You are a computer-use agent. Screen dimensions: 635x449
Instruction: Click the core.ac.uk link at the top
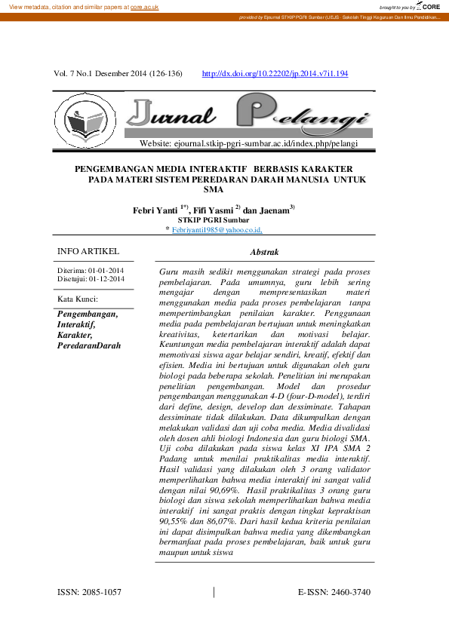pos(144,6)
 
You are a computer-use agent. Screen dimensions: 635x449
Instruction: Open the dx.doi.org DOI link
pos(275,74)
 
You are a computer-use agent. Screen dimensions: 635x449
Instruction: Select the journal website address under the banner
pos(249,143)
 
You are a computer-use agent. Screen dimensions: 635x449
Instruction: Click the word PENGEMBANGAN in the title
pos(115,170)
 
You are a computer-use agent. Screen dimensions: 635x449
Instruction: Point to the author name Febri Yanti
pos(155,210)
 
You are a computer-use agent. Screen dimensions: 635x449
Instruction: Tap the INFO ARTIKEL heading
pos(88,251)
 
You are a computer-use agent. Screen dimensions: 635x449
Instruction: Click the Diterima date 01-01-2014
pos(106,271)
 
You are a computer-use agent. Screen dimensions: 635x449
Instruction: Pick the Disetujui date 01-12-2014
pos(107,279)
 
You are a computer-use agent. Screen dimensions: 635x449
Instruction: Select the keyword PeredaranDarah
pos(89,345)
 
